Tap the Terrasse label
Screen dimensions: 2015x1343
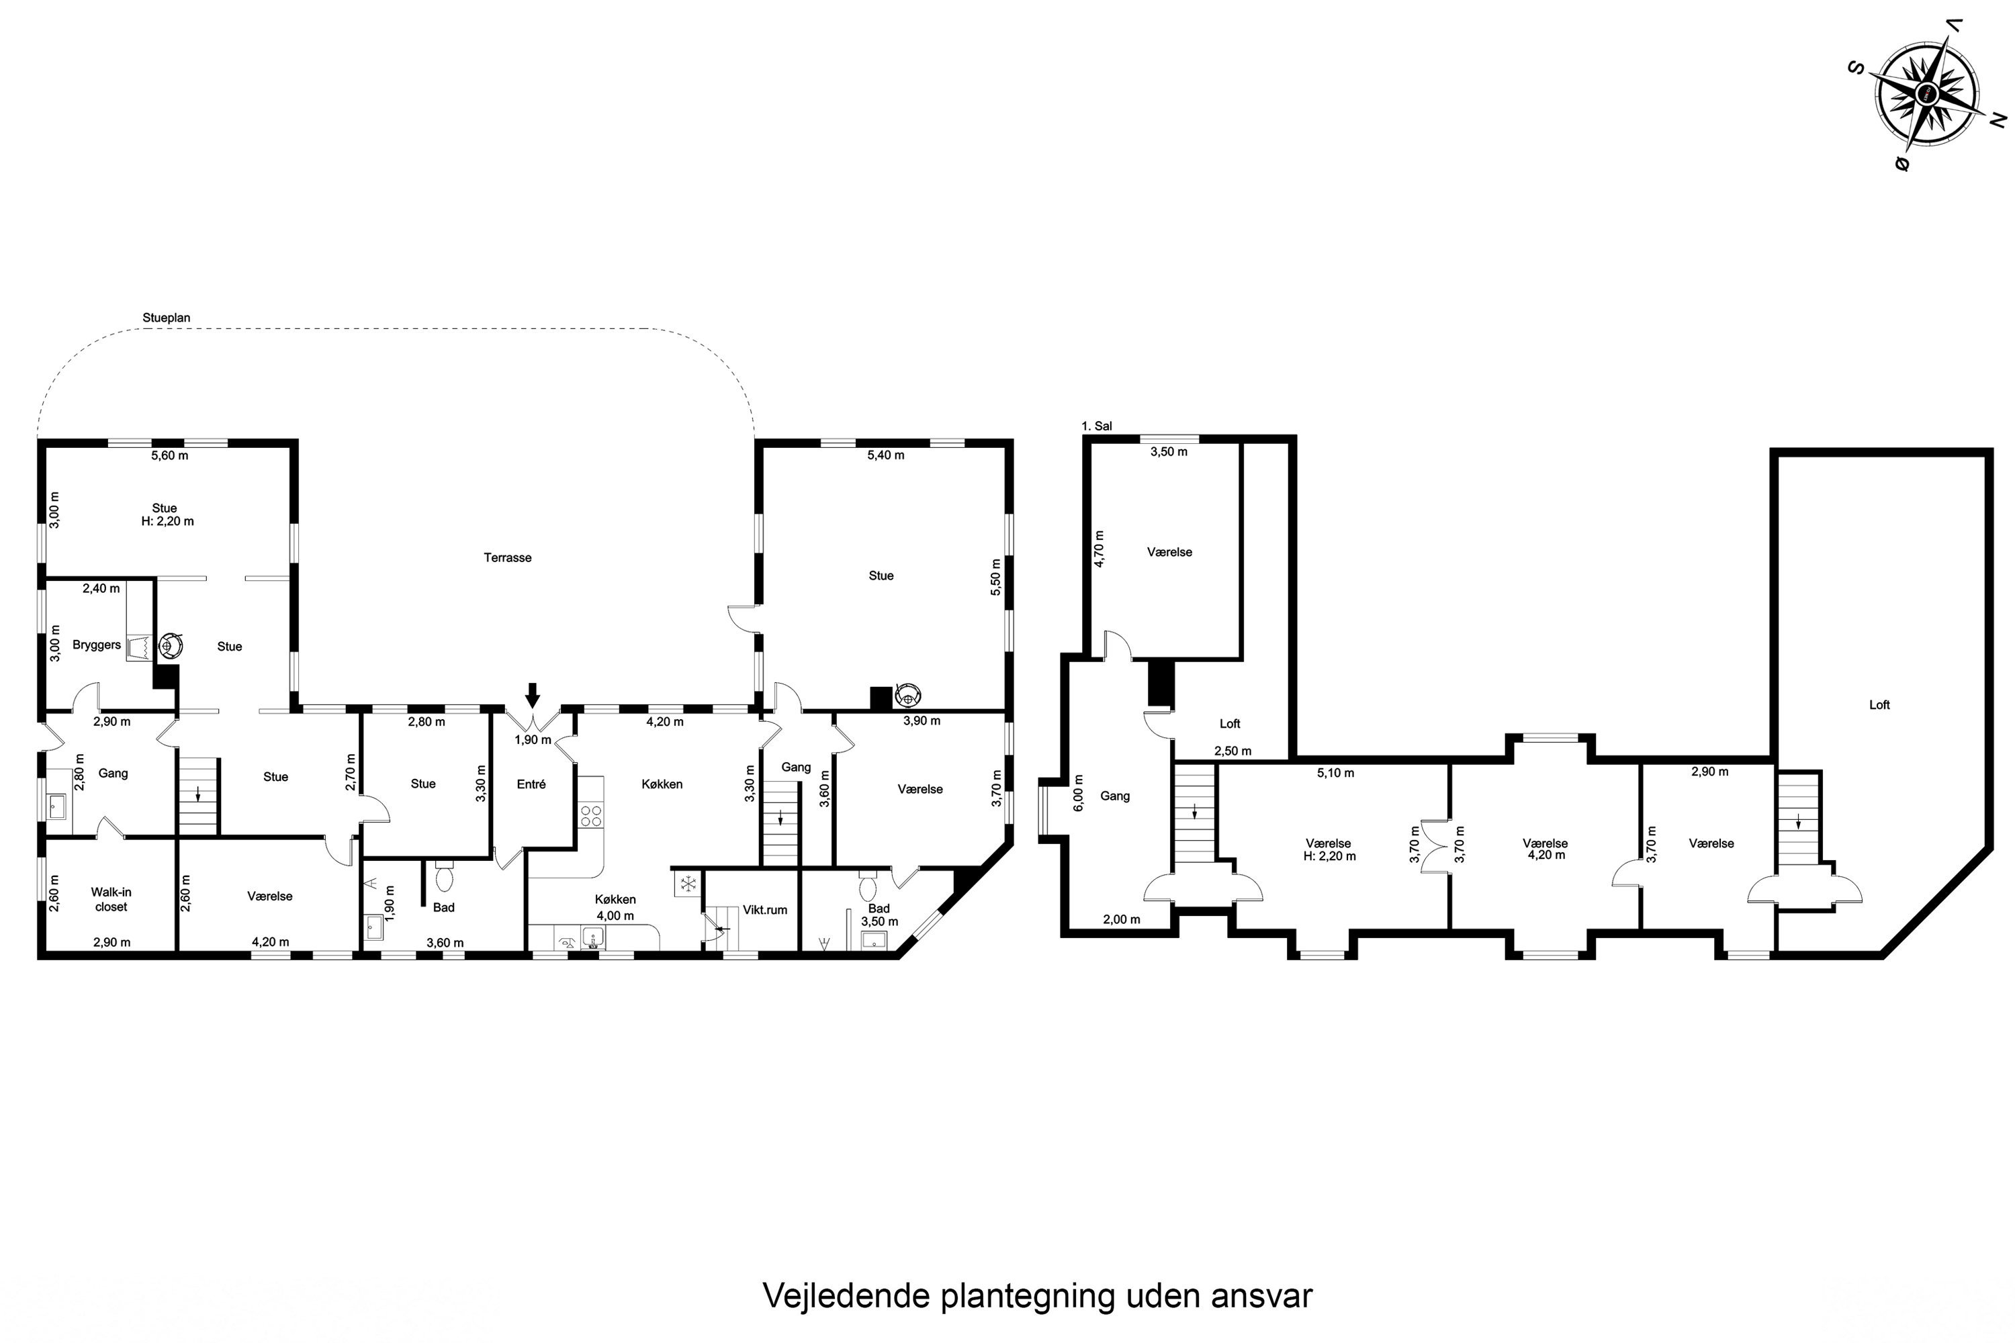tap(507, 557)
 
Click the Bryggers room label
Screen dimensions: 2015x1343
tap(97, 645)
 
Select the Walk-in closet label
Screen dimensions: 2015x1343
tap(111, 899)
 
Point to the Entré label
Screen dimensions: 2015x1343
tap(531, 784)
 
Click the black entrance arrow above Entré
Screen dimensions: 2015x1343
tap(533, 694)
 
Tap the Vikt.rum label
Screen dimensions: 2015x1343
tap(764, 910)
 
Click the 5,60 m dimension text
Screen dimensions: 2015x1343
tap(170, 456)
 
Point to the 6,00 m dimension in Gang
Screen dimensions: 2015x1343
tap(1079, 792)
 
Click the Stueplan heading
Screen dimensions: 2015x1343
tap(166, 318)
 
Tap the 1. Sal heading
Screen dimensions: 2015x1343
tap(1097, 426)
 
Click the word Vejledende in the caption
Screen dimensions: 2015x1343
tap(846, 1296)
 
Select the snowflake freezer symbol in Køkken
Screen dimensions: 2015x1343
tap(687, 884)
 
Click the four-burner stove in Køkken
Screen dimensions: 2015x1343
tap(591, 815)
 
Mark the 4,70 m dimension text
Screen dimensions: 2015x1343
tap(1099, 548)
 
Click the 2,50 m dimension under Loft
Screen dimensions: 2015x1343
tap(1233, 751)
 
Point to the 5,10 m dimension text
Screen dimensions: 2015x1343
tap(1336, 773)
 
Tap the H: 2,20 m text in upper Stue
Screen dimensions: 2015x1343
tap(168, 521)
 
